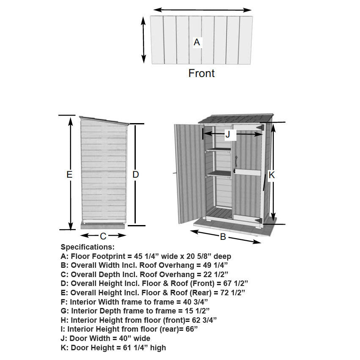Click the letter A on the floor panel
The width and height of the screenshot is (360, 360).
(x=197, y=42)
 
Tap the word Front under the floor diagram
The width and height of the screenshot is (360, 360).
(x=201, y=73)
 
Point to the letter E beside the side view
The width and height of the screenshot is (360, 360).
(x=70, y=174)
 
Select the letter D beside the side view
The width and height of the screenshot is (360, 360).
(x=136, y=174)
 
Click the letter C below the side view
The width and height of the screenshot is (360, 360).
(x=103, y=236)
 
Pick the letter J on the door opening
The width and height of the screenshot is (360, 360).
(x=228, y=135)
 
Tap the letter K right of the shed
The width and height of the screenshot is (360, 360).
(x=272, y=174)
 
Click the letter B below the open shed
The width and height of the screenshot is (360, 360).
(x=223, y=237)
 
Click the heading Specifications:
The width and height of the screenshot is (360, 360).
(x=88, y=247)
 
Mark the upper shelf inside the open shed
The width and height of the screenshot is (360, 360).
(x=218, y=150)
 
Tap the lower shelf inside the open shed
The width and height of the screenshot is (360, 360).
(x=218, y=173)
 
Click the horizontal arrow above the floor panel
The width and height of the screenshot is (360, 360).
(x=202, y=9)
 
